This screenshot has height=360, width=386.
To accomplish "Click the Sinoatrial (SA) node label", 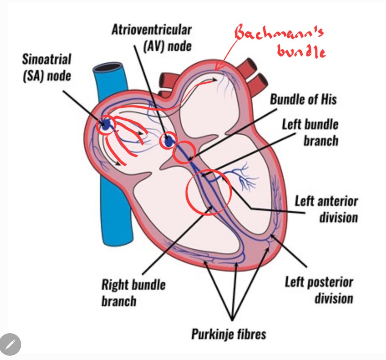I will click(46, 67).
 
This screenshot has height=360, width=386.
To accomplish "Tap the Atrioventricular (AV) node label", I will click(151, 38).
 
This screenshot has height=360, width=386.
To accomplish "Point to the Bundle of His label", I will click(303, 100).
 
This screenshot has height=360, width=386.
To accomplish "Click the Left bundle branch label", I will click(310, 132).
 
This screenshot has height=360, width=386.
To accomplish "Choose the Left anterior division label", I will click(326, 209).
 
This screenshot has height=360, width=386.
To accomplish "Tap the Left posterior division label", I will click(319, 290).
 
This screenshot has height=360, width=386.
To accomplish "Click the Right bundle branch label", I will click(133, 292).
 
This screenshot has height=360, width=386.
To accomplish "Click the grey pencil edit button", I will click(10, 344).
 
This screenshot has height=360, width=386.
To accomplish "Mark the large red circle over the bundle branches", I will click(208, 192).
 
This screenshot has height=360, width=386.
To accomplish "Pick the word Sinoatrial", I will click(46, 60).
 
